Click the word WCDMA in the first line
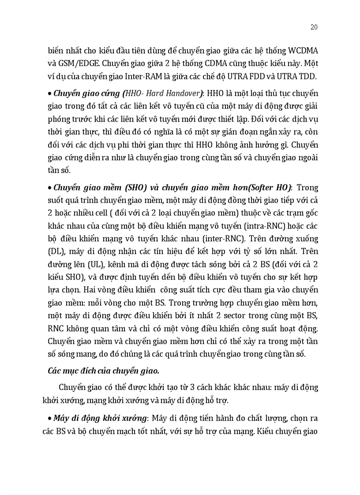301,50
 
